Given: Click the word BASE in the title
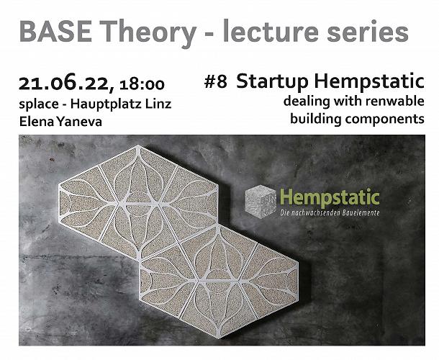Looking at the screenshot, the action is pos(55,32).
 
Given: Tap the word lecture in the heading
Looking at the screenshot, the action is pos(271,31).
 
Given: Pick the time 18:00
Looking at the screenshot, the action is pos(142,85).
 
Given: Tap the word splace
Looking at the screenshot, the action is pos(39,105).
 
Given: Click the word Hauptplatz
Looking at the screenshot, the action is pos(106,104).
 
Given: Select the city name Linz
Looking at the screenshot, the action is pos(158,104).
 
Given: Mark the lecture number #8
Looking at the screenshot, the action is pos(216,82).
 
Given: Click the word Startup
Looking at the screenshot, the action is pos(272,82).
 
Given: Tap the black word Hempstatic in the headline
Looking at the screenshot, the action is pos(369,81).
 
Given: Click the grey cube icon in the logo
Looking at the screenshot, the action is pos(261,202).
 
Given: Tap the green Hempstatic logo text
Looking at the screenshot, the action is pos(330,197).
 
